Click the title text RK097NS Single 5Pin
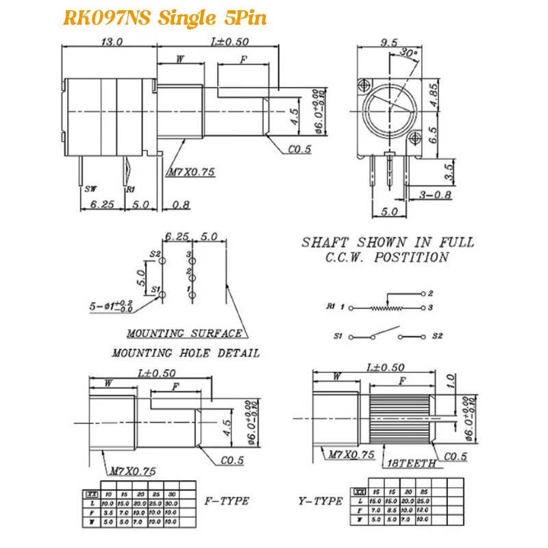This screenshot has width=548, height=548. coord(164,18)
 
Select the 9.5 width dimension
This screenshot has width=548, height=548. coord(389,42)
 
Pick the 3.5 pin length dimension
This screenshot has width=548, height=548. coord(449,171)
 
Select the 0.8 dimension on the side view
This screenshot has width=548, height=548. coord(182,204)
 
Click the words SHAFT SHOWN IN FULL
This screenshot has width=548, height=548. coord(388,242)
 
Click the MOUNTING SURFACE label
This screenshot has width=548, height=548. coord(184,334)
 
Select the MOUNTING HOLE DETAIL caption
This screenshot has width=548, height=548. coord(186,353)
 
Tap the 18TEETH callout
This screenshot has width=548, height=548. coord(411,463)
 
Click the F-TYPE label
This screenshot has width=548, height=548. coord(227,501)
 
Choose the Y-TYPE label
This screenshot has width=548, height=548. coord(320,501)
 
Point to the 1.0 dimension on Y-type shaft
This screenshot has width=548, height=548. coord(449,381)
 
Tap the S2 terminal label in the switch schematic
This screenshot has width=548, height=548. coord(438,337)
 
